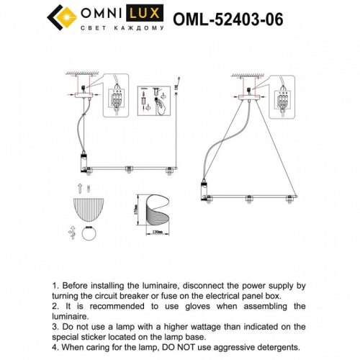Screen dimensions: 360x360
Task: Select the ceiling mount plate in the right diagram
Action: [248, 92]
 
